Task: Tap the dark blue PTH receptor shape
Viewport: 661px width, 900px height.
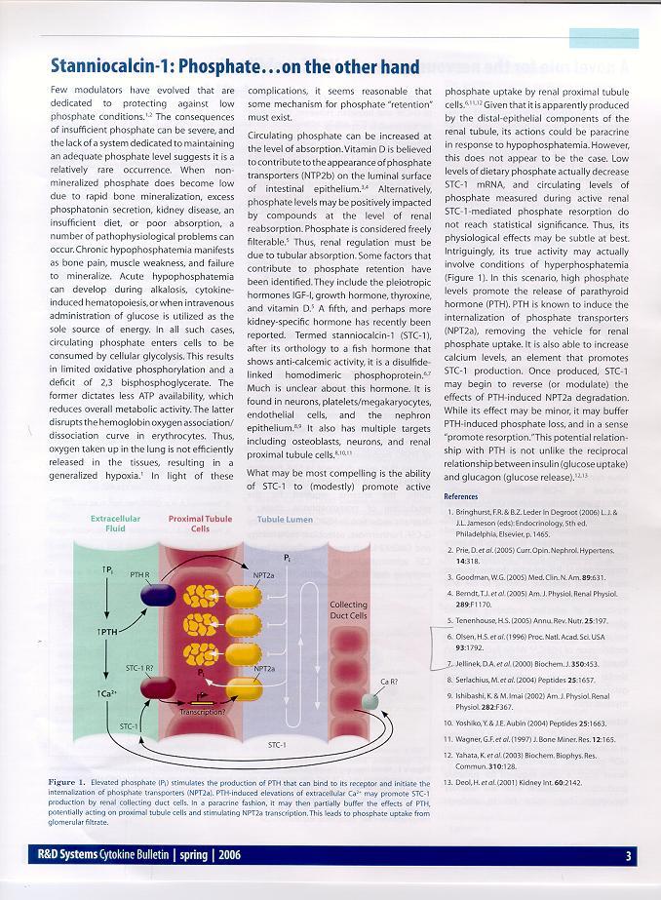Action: [158, 592]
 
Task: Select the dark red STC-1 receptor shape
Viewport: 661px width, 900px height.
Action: [158, 688]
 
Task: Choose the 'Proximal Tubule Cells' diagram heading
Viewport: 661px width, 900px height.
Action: [200, 524]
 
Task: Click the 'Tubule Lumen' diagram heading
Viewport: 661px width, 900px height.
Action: [285, 520]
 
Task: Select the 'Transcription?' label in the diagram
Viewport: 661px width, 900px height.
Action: [204, 712]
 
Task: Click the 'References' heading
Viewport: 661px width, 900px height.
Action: [461, 496]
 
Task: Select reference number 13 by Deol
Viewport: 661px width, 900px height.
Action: [516, 754]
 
